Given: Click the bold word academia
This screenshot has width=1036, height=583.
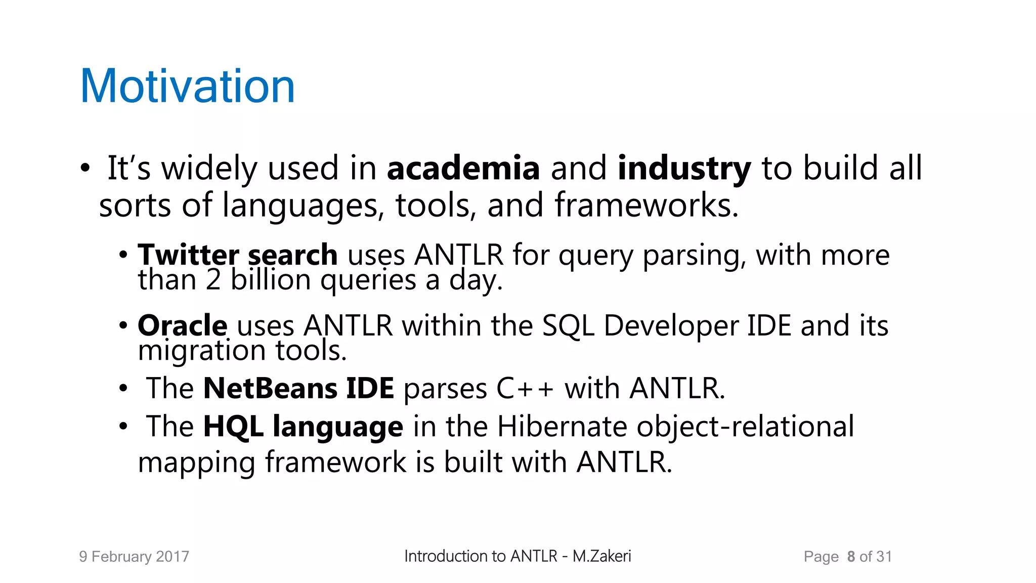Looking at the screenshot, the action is [463, 169].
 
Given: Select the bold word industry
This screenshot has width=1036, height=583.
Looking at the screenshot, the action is [684, 169].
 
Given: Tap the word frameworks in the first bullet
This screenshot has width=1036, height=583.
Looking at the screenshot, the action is [646, 205].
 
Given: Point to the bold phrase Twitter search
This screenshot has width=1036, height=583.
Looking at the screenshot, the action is [238, 255].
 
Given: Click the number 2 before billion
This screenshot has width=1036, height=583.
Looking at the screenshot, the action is [213, 280].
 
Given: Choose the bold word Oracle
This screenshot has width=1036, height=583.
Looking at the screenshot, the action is [183, 325].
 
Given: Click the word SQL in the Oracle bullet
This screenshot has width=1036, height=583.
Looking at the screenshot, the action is [568, 325].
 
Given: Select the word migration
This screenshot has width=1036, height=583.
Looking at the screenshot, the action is [202, 351].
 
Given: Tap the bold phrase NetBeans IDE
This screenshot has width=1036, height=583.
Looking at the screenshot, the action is [298, 389].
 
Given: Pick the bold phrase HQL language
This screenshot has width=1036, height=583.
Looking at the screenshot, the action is [303, 427].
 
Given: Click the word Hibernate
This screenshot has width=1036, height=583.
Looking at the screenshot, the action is [562, 427].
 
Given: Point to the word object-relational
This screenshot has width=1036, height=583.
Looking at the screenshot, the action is [745, 427].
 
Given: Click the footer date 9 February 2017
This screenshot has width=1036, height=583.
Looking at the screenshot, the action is [134, 557].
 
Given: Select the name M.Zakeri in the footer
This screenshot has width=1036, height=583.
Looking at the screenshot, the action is [601, 556].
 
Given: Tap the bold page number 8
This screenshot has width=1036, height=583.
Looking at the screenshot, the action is [851, 557].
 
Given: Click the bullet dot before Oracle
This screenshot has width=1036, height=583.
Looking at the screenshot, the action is [123, 325].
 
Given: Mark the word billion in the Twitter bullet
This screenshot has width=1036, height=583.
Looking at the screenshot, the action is [271, 280].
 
